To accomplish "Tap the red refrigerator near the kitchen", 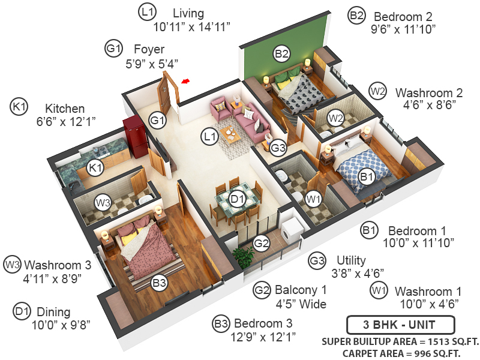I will coord(135,137).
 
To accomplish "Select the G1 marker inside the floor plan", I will coord(158,121).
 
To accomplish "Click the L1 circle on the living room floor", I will coord(209,137).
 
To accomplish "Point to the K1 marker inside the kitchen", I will coord(95,169).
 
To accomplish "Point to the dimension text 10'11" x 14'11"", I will coord(192,26).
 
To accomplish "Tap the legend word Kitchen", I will coord(65,109).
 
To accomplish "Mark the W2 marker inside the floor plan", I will coord(335,118).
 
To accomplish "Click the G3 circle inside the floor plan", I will coord(278,147).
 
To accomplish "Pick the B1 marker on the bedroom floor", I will coord(367,176).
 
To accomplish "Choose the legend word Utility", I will coord(351,260).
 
